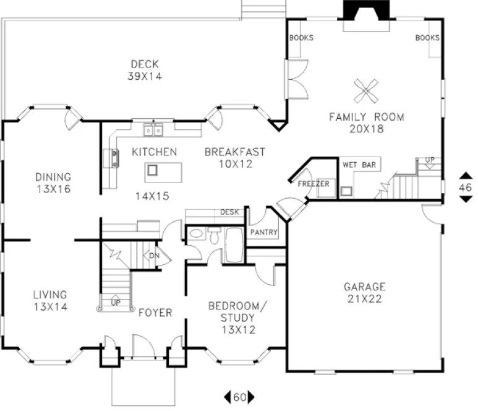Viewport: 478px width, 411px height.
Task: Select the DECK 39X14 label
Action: pyautogui.click(x=145, y=69)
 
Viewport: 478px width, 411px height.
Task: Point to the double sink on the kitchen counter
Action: pyautogui.click(x=154, y=130)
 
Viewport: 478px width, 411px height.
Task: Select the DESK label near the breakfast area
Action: pyautogui.click(x=229, y=212)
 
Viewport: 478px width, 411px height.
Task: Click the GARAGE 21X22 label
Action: pyautogui.click(x=364, y=293)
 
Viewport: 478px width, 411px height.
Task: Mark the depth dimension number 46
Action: pyautogui.click(x=464, y=186)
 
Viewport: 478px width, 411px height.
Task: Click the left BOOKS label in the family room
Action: pyautogui.click(x=301, y=38)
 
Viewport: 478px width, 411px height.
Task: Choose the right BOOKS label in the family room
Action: pyautogui.click(x=427, y=38)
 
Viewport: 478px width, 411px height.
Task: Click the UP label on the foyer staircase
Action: pyautogui.click(x=116, y=303)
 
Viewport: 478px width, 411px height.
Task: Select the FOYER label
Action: pyautogui.click(x=155, y=313)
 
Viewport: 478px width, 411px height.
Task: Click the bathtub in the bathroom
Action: pyautogui.click(x=235, y=246)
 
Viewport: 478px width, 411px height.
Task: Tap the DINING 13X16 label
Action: pyautogui.click(x=53, y=183)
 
